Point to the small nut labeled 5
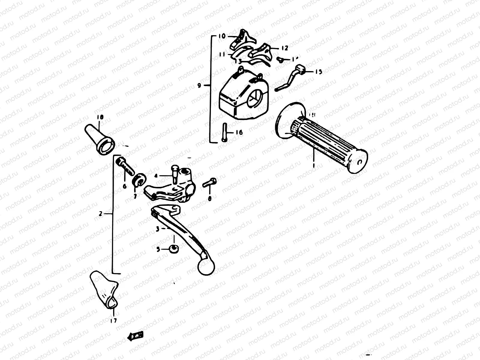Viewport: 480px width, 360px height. [x=173, y=249]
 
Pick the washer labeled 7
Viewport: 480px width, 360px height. [x=139, y=180]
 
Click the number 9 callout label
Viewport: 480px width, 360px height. [x=199, y=86]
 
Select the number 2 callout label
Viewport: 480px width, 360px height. [x=100, y=214]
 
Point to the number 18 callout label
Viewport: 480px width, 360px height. [x=99, y=117]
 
